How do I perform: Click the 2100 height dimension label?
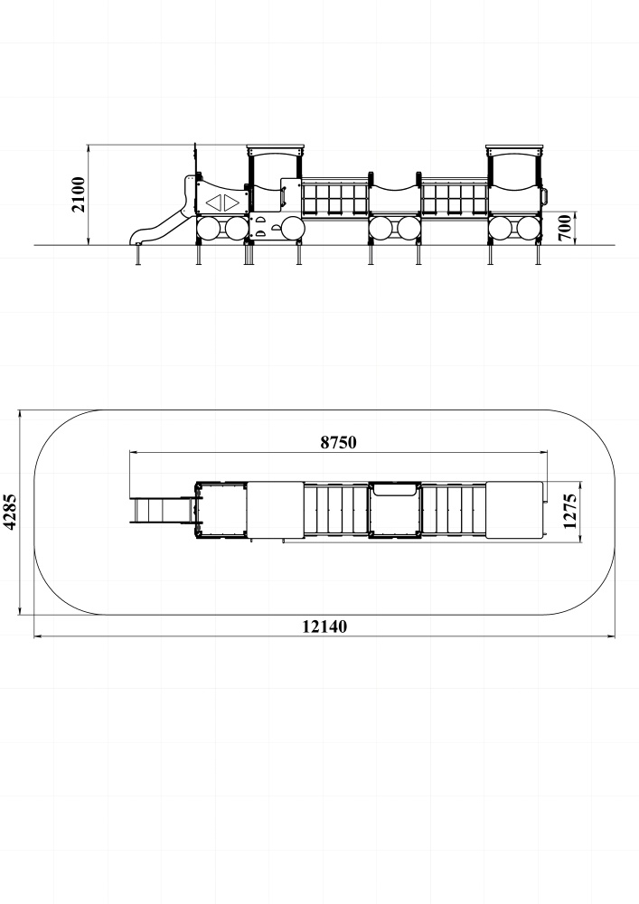pyautogui.click(x=79, y=195)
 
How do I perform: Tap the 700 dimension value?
pyautogui.click(x=565, y=227)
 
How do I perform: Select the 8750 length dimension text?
pyautogui.click(x=338, y=442)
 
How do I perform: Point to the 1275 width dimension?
pyautogui.click(x=569, y=511)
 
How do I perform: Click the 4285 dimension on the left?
pyautogui.click(x=10, y=512)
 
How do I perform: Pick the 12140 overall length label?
pyautogui.click(x=325, y=626)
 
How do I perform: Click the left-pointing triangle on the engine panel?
pyautogui.click(x=214, y=202)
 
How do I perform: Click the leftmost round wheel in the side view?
pyautogui.click(x=209, y=229)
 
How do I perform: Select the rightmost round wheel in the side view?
pyautogui.click(x=529, y=229)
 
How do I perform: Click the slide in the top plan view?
pyautogui.click(x=162, y=510)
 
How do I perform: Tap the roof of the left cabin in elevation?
pyautogui.click(x=276, y=147)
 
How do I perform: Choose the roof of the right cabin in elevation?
pyautogui.click(x=515, y=147)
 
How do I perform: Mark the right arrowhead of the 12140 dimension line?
pyautogui.click(x=612, y=636)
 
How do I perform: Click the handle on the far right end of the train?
pyautogui.click(x=544, y=196)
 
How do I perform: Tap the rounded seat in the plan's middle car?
pyautogui.click(x=395, y=489)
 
